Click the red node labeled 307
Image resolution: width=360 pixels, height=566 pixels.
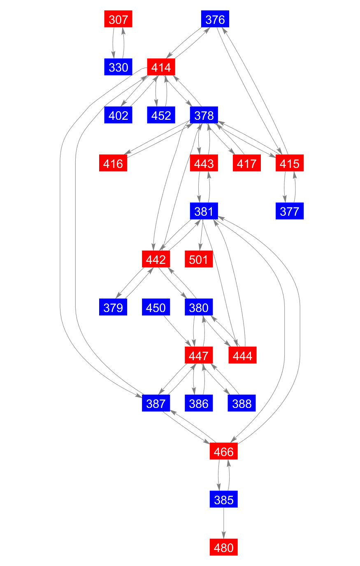click(x=118, y=19)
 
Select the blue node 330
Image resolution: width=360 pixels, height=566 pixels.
click(x=118, y=67)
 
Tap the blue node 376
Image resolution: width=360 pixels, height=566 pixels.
click(x=215, y=19)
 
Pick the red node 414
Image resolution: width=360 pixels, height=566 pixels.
click(x=161, y=67)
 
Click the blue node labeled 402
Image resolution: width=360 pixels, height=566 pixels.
click(x=118, y=115)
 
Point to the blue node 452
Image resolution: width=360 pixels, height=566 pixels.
click(x=161, y=115)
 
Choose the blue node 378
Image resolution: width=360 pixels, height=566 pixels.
click(x=204, y=115)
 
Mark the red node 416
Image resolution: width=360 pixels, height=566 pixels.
click(x=113, y=163)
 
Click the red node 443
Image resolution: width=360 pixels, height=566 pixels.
click(x=204, y=163)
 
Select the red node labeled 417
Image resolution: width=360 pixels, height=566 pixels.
click(x=247, y=163)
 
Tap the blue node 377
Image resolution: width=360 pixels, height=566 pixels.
click(x=290, y=211)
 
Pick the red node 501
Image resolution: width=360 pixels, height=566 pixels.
click(x=199, y=259)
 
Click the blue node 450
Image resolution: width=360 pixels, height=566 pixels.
click(x=156, y=307)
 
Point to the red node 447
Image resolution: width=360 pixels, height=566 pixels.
click(x=199, y=355)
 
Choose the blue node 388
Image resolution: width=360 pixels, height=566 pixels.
click(x=242, y=403)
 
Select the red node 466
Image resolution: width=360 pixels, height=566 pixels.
click(x=224, y=452)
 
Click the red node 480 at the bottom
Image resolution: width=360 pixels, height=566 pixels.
click(x=224, y=547)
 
